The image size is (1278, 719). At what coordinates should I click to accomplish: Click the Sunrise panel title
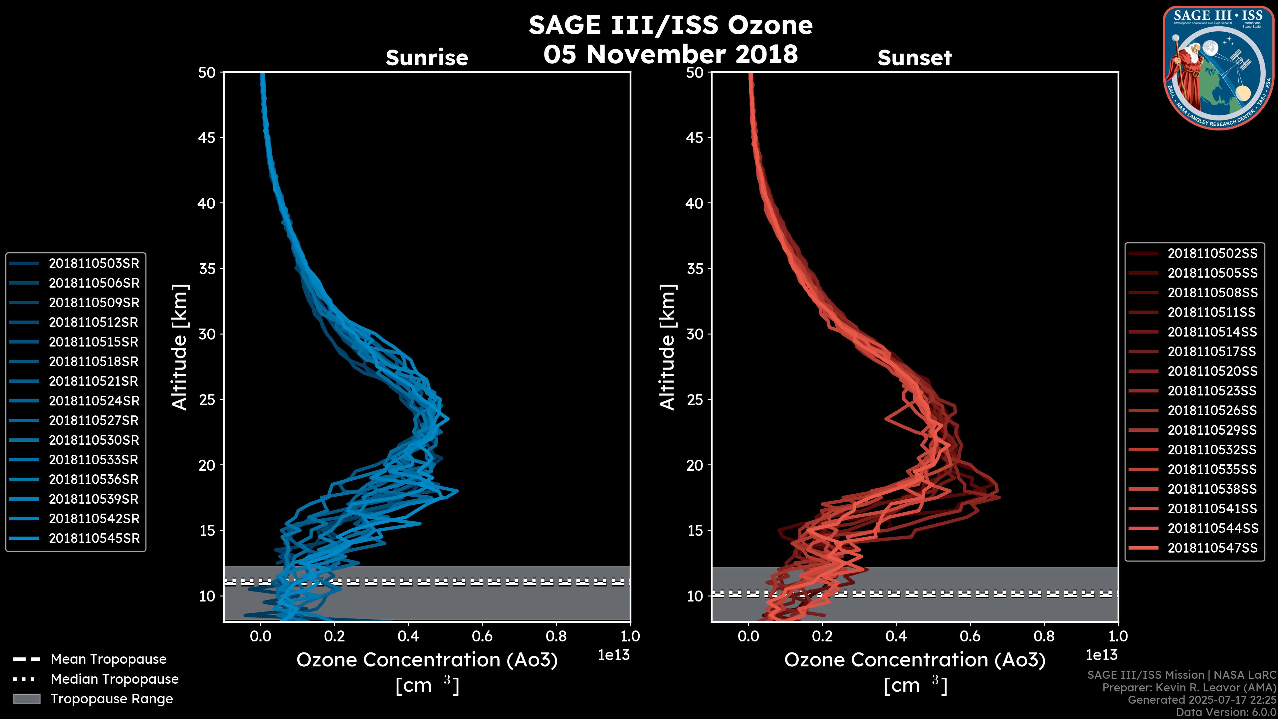click(427, 58)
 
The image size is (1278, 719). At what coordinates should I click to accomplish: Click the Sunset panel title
click(914, 58)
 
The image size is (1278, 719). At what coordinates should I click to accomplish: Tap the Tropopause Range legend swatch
click(26, 699)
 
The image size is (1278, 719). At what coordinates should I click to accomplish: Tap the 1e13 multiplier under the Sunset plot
click(1101, 655)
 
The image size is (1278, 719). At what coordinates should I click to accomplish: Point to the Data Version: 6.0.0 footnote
click(1225, 712)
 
